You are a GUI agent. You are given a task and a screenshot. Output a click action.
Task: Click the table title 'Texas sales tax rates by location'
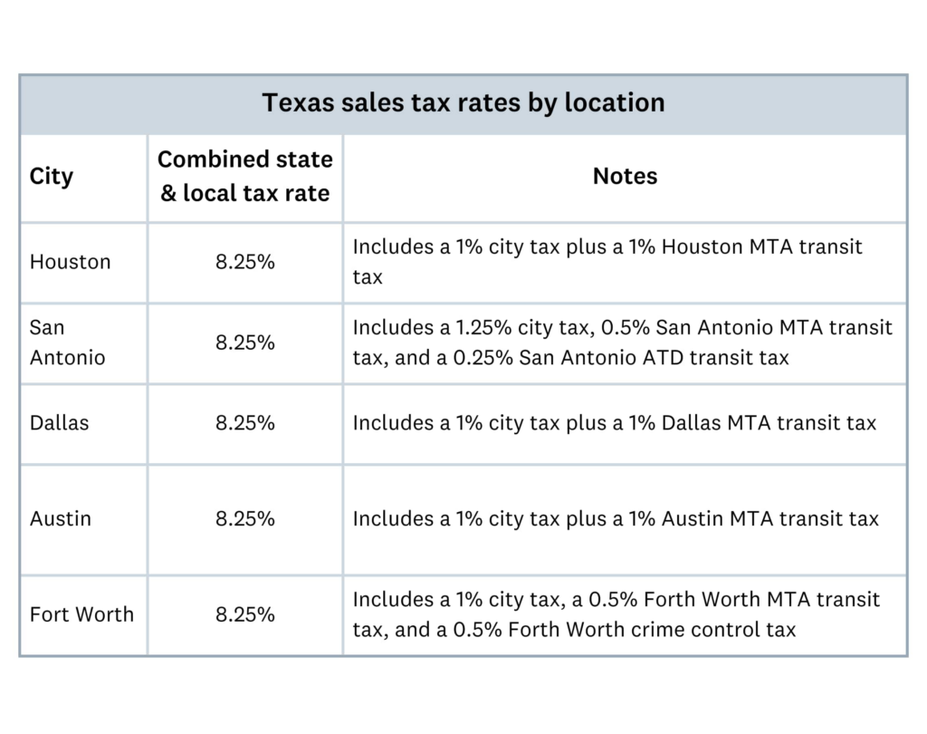(x=463, y=102)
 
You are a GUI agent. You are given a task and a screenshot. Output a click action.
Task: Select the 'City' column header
(x=51, y=176)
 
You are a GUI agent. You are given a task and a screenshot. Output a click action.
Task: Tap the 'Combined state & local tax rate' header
(x=244, y=176)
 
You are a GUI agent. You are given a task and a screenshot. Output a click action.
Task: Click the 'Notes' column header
(x=625, y=176)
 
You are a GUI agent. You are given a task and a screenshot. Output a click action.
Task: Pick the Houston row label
(x=70, y=262)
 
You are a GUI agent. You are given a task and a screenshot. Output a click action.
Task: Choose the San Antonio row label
(x=67, y=343)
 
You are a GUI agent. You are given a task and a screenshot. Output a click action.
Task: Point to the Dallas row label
(x=59, y=422)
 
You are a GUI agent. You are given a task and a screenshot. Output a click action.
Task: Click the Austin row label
(x=60, y=518)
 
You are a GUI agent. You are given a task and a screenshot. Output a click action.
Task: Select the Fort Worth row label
(x=81, y=614)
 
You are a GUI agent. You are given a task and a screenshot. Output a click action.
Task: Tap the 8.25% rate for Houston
(x=244, y=262)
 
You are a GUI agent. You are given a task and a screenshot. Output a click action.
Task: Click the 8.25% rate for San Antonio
(x=244, y=343)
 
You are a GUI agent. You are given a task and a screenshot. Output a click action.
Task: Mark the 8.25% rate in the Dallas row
(x=244, y=422)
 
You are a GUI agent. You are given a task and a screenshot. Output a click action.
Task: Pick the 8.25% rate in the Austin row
(x=244, y=518)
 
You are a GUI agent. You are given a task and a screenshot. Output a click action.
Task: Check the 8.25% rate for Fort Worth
(x=244, y=614)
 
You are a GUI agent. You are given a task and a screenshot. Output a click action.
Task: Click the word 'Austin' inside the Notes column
(x=692, y=518)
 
